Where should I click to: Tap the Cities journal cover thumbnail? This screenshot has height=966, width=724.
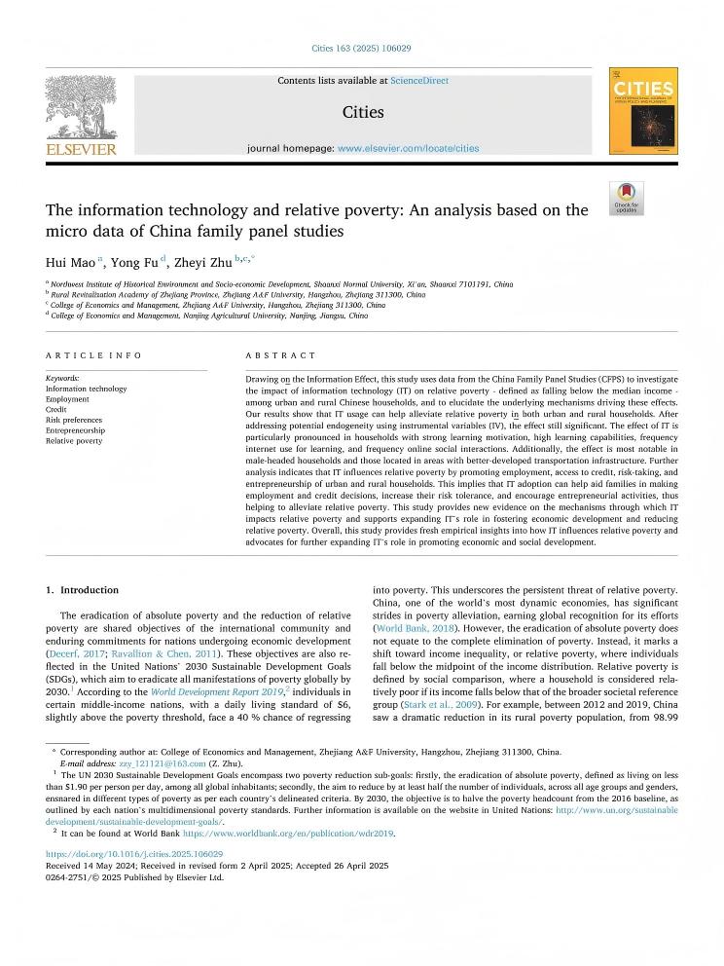tap(643, 111)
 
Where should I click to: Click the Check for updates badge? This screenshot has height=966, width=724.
tap(627, 198)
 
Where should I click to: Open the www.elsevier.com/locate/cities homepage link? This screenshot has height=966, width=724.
tap(408, 148)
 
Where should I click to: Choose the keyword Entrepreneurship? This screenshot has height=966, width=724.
tap(75, 430)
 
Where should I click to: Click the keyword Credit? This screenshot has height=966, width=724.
tap(56, 409)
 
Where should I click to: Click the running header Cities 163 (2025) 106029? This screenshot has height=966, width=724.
tap(361, 48)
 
